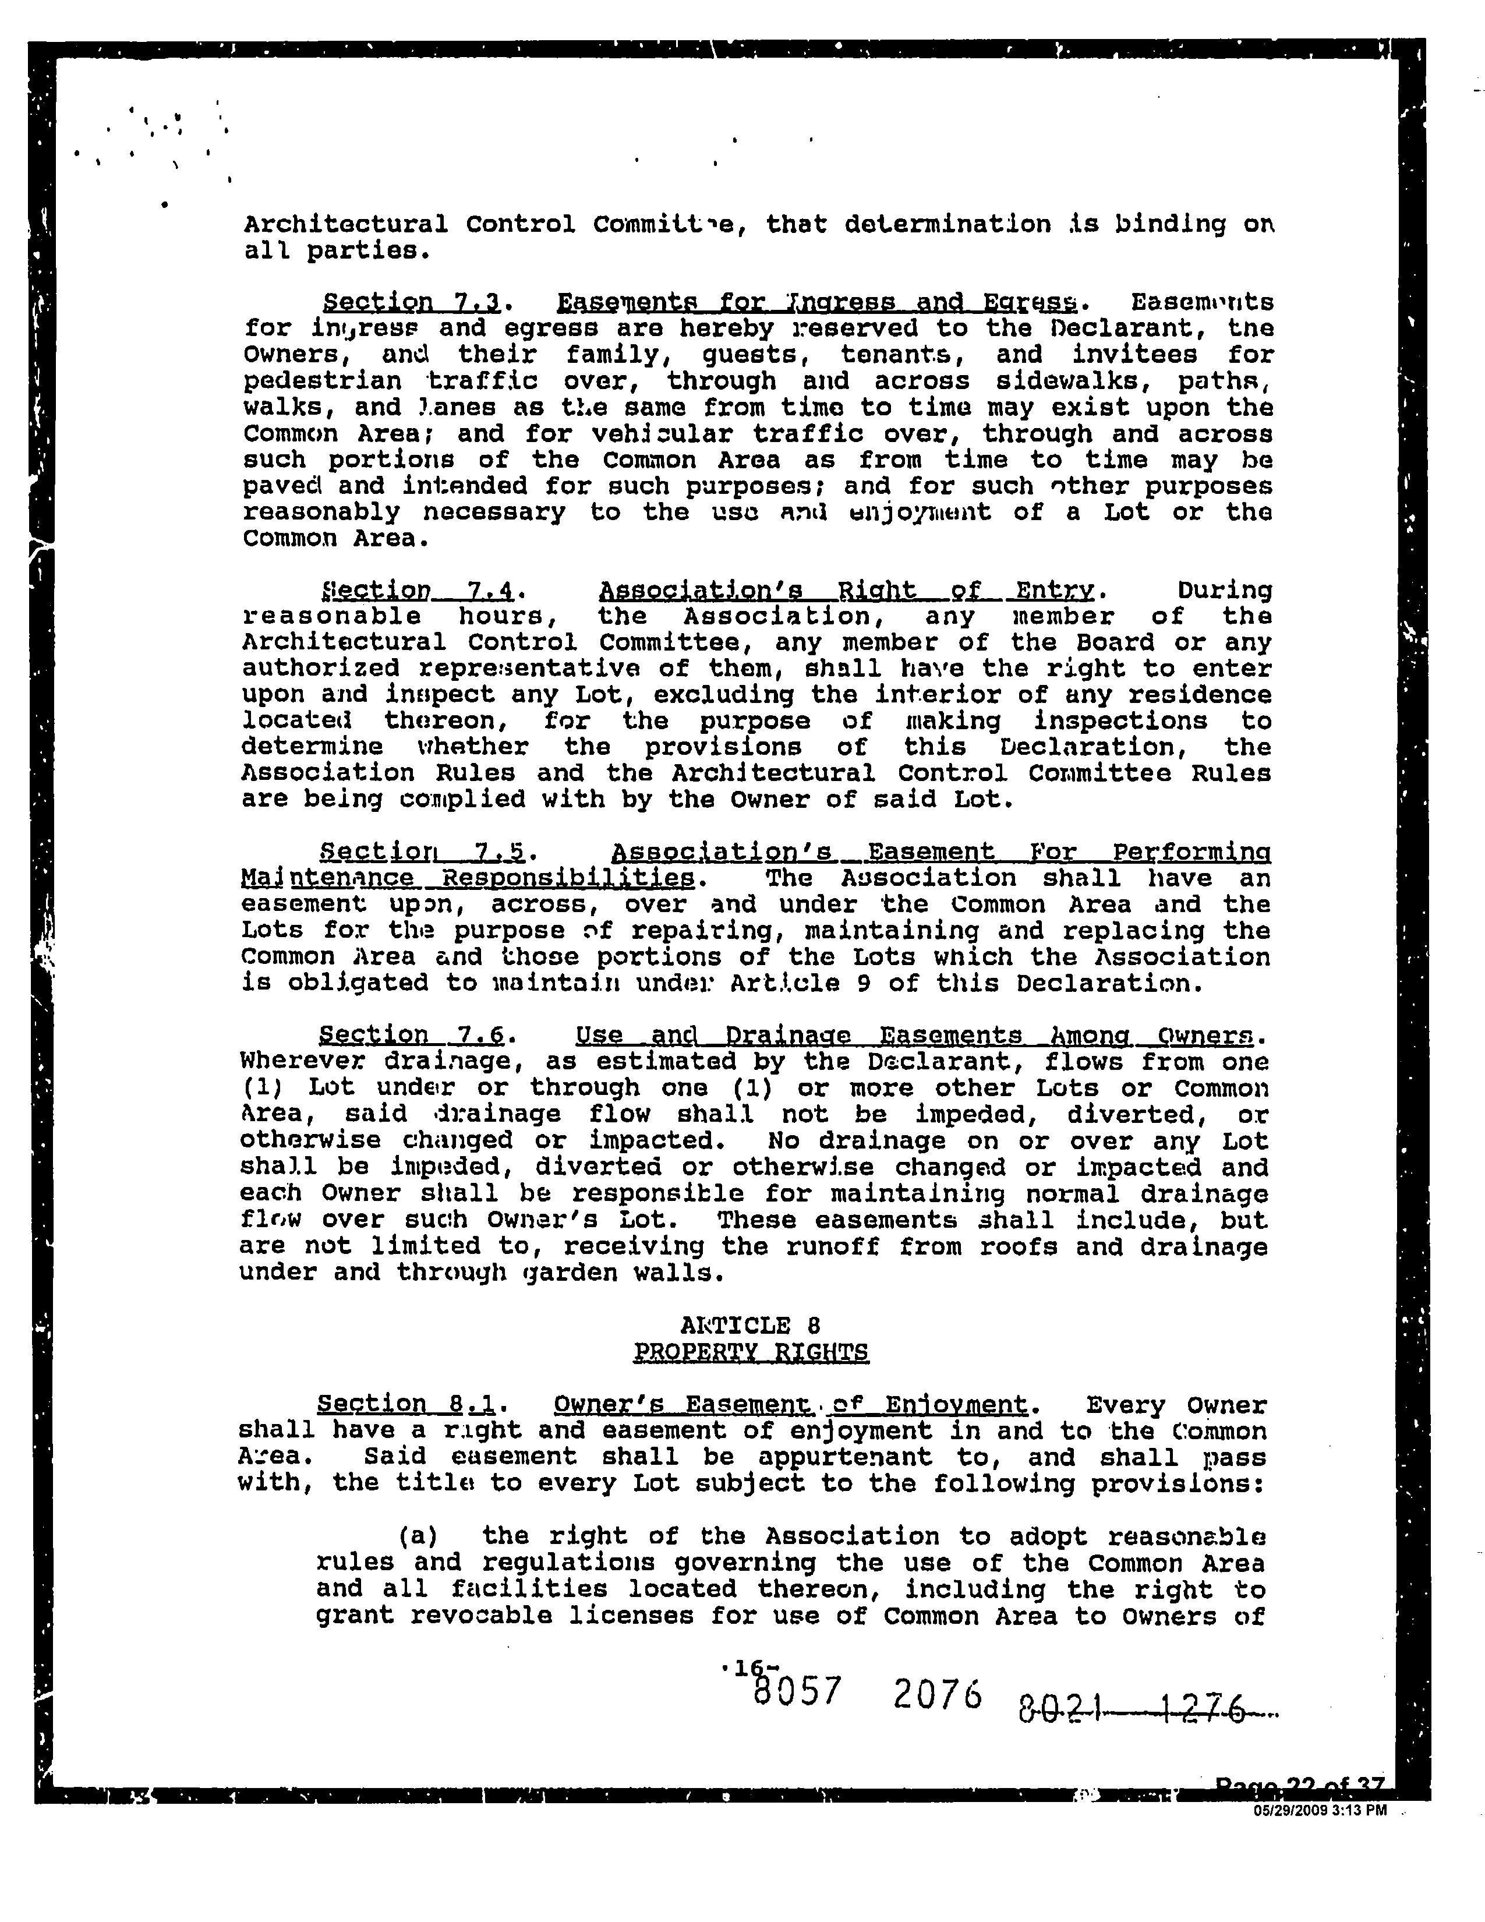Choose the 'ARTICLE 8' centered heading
751,1326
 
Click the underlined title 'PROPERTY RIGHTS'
751,1352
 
